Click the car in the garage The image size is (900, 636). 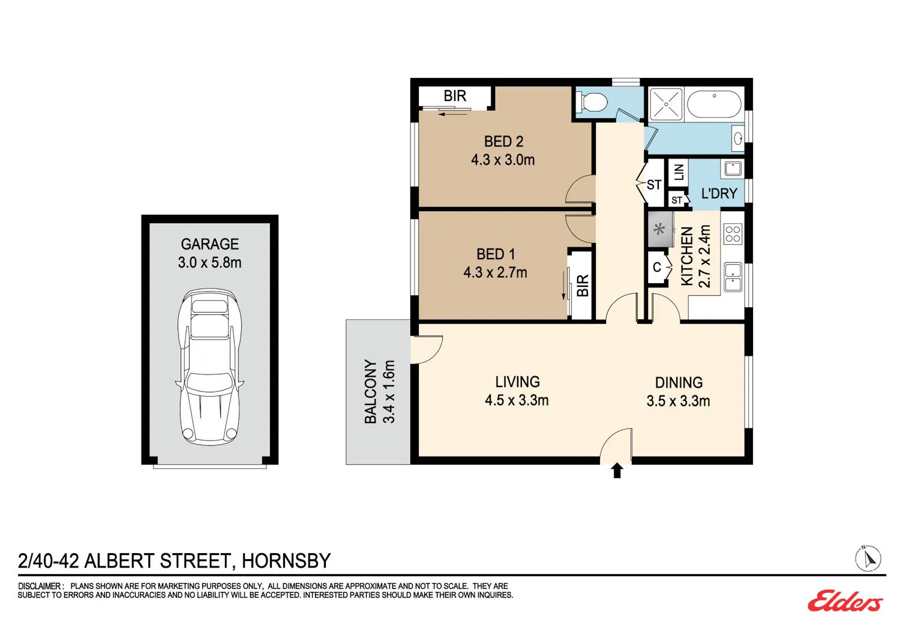click(x=210, y=367)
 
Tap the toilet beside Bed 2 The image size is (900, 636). click(x=592, y=101)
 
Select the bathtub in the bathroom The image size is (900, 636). click(x=714, y=104)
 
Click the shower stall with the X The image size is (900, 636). click(x=666, y=104)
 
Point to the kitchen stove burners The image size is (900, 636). click(x=733, y=234)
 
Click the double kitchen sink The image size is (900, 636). click(x=733, y=277)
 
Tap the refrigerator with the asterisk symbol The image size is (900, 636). click(x=661, y=229)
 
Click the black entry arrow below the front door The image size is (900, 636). click(x=617, y=470)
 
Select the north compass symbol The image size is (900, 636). click(x=868, y=558)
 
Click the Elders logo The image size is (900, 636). click(x=845, y=601)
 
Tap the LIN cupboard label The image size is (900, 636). click(x=679, y=172)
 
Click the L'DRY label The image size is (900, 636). click(x=719, y=194)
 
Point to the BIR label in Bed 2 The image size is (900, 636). click(x=455, y=96)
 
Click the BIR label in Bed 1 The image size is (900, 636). click(x=583, y=286)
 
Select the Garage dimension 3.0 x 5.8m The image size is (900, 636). click(x=210, y=263)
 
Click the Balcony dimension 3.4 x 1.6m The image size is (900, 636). click(x=389, y=392)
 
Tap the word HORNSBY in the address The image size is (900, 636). click(x=286, y=561)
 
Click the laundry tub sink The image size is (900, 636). click(x=733, y=169)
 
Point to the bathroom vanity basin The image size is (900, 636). click(x=737, y=139)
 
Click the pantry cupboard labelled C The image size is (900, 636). click(x=658, y=267)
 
